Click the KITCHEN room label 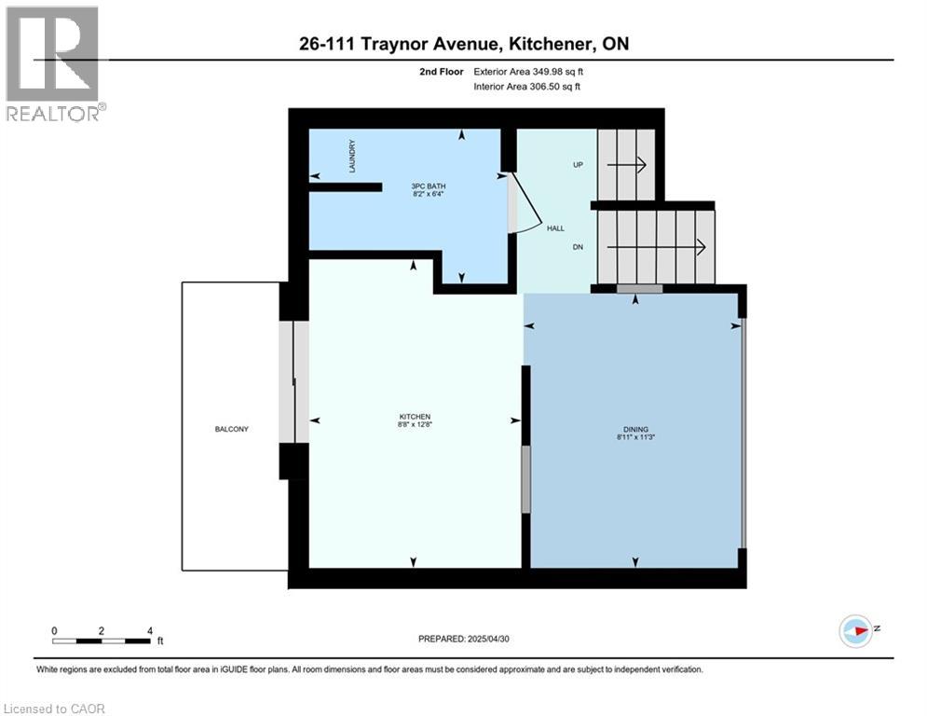click(x=416, y=417)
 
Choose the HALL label click(x=555, y=227)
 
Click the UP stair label click(x=577, y=164)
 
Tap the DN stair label click(x=577, y=248)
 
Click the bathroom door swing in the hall click(x=524, y=203)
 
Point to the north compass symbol click(x=855, y=630)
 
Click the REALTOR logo click(x=53, y=63)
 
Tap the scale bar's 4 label click(x=150, y=630)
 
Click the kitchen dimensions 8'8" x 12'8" click(x=416, y=425)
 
